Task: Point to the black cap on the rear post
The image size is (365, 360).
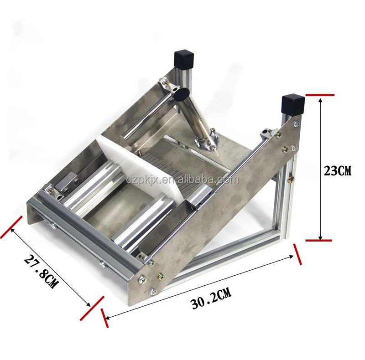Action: coord(183,59)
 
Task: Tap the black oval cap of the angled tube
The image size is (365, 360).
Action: coord(181,94)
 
